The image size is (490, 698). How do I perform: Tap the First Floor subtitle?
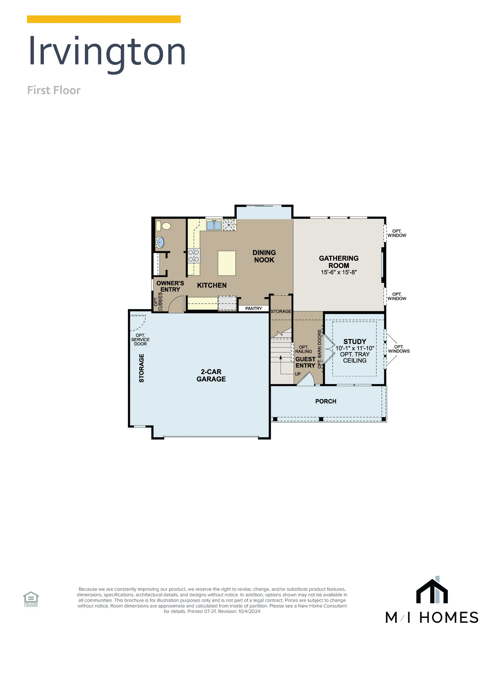tap(54, 90)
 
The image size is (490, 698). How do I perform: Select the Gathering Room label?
tap(338, 262)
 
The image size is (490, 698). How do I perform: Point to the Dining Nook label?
tap(264, 256)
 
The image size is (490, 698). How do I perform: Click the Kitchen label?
tap(212, 285)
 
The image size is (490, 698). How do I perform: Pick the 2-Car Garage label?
tap(211, 375)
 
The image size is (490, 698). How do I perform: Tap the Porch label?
tap(326, 401)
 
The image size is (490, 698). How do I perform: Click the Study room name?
tap(355, 341)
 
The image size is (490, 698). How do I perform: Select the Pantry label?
tap(253, 308)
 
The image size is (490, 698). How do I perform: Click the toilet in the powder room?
tap(163, 226)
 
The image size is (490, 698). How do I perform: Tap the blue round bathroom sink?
tap(160, 242)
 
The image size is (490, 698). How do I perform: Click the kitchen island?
tap(227, 263)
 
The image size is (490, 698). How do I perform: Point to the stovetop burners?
tap(193, 255)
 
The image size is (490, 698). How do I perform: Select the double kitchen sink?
tap(214, 225)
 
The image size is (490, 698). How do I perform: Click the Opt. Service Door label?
tap(140, 340)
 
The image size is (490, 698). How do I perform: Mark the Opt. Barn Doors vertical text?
tap(319, 349)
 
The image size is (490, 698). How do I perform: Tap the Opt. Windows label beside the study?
tap(398, 349)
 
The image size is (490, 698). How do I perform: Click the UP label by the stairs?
tap(298, 374)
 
